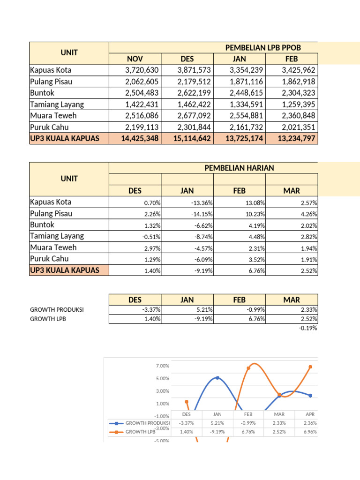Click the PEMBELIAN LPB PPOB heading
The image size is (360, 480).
tap(263, 47)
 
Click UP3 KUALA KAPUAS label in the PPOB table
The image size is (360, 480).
tap(65, 139)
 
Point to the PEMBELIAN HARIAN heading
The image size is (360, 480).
tap(239, 168)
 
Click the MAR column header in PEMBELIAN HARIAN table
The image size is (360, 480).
tap(292, 191)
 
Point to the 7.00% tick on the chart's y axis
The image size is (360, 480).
tap(162, 366)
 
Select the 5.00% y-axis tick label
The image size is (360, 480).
tap(162, 379)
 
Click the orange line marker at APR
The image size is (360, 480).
tap(310, 367)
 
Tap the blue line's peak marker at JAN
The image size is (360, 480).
tap(217, 378)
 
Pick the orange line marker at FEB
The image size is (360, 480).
tap(248, 368)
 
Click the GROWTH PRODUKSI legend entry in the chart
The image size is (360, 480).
tap(141, 423)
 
